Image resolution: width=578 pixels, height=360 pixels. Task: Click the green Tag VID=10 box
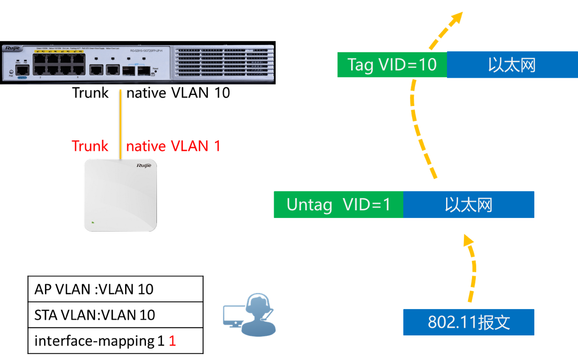click(392, 65)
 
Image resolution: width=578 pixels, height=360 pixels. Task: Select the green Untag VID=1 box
click(338, 205)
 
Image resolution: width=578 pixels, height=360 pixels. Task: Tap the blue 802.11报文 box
click(468, 322)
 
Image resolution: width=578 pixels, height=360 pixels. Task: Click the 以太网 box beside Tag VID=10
click(512, 65)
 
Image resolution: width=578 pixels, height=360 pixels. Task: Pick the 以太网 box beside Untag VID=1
click(468, 205)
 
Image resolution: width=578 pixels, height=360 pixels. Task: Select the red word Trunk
click(90, 146)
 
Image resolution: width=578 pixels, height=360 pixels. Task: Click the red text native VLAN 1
click(173, 146)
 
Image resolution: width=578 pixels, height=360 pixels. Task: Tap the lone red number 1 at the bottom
click(172, 341)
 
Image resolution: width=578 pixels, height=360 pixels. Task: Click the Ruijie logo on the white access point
click(144, 166)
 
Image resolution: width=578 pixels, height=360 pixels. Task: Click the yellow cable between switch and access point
click(121, 123)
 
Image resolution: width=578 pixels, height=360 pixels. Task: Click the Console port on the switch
click(22, 70)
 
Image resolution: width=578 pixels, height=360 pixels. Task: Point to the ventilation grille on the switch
click(223, 62)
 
